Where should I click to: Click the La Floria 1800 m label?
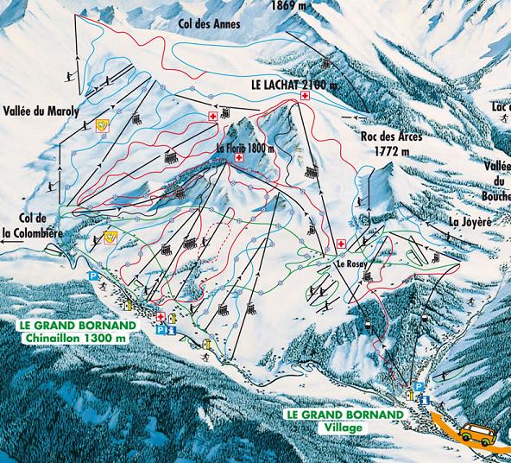[245, 149]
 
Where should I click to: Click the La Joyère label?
[470, 221]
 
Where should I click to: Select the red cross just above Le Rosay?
[341, 244]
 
